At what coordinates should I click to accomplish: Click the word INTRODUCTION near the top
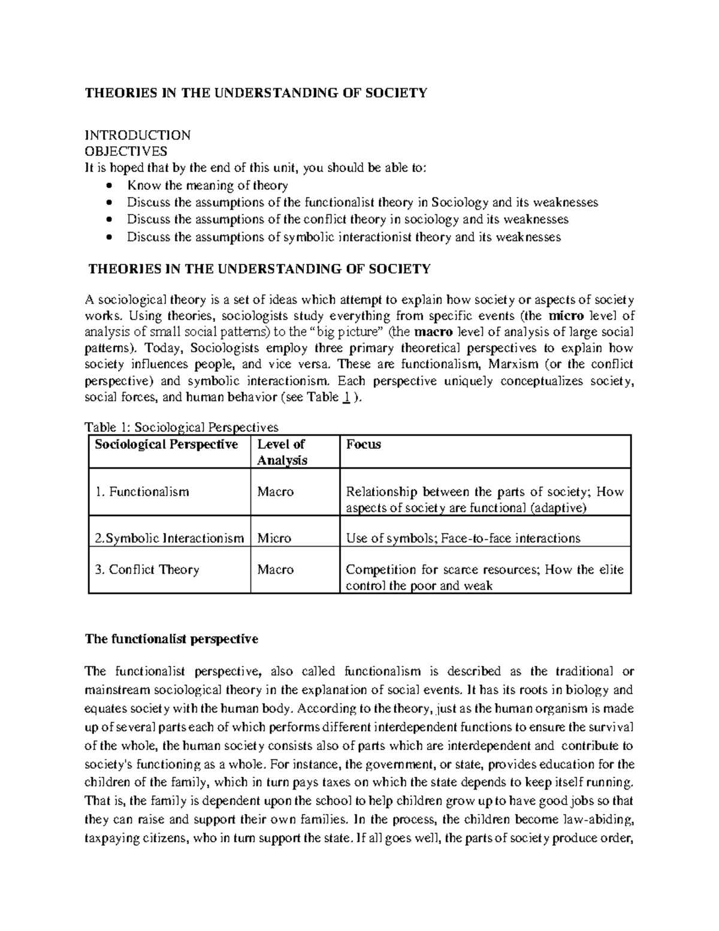138,135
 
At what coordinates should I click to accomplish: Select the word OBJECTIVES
126,151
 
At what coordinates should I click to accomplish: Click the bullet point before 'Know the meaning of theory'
108,186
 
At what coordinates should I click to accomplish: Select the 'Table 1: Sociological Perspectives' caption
182,427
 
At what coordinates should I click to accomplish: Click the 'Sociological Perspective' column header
163,444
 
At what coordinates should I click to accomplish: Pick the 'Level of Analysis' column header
282,452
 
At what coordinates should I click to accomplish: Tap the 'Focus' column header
364,444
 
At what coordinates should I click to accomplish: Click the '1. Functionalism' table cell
142,492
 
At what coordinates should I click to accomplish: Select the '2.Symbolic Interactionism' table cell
170,538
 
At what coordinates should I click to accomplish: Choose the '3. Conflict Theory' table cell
147,570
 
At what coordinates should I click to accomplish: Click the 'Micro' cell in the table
274,538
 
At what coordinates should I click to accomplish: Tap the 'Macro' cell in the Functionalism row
276,492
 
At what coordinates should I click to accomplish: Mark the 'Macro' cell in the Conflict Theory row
276,570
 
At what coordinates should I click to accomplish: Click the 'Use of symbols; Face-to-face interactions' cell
463,538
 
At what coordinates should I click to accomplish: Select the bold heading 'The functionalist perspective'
171,639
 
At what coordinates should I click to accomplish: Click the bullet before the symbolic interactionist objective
108,237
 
